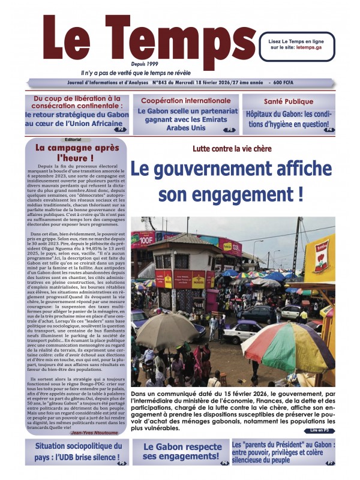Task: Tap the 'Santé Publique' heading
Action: coord(289,101)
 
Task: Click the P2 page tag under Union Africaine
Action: coord(121,129)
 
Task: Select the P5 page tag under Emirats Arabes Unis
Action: coord(229,130)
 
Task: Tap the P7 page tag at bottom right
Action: coord(329,463)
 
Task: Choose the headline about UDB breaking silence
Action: coord(77,451)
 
